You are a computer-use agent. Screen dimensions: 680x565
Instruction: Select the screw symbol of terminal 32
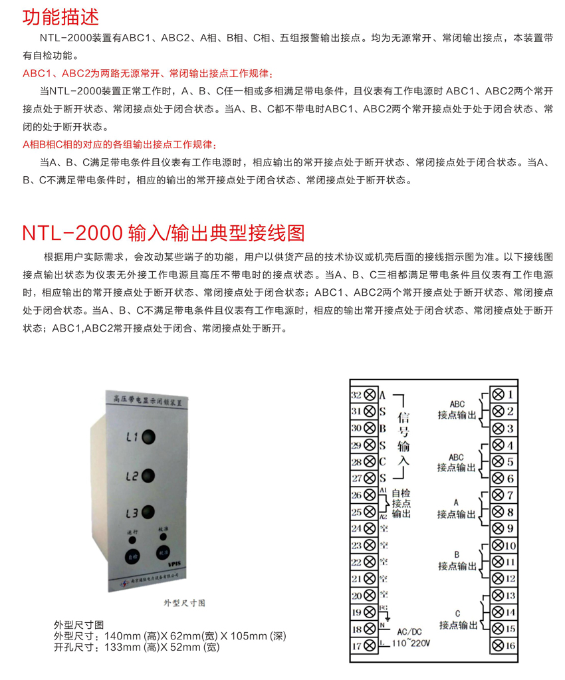point(369,395)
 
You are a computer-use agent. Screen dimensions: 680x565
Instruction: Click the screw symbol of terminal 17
point(369,645)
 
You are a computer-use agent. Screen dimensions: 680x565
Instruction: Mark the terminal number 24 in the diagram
point(356,528)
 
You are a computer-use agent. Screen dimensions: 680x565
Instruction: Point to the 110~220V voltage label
point(411,643)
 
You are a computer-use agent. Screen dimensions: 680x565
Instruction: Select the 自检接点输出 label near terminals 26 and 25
point(401,503)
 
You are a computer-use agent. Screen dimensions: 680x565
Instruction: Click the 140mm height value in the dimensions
point(116,636)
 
